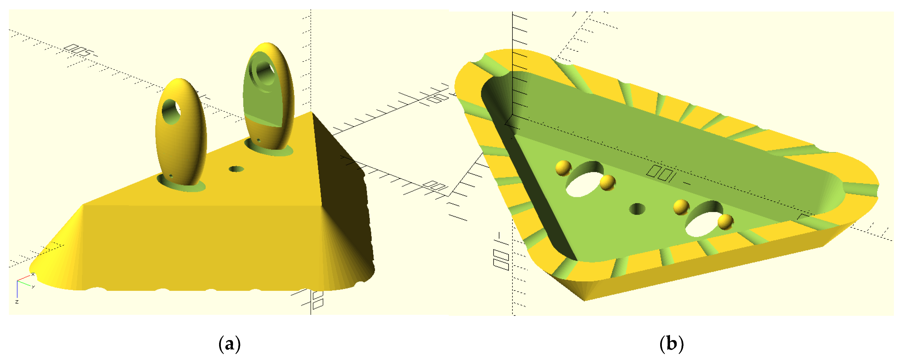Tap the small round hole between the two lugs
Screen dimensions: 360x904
(236, 169)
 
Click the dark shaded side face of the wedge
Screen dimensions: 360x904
(342, 196)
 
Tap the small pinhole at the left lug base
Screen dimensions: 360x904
(171, 176)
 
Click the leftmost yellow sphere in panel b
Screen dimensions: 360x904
(564, 168)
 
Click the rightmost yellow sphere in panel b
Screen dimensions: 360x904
(725, 221)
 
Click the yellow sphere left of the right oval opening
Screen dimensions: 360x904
(681, 207)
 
